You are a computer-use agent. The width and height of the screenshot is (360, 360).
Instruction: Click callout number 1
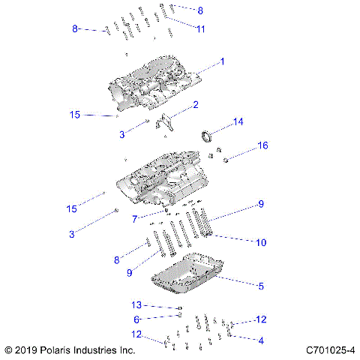click(x=222, y=61)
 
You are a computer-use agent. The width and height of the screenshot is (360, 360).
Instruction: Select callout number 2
click(x=196, y=104)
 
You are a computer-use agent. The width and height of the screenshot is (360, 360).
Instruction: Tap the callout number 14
click(x=238, y=121)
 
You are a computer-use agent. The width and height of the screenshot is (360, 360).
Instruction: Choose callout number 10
click(x=261, y=242)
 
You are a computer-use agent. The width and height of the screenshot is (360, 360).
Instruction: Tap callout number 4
click(x=261, y=340)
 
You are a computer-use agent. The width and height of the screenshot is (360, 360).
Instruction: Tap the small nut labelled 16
click(x=223, y=157)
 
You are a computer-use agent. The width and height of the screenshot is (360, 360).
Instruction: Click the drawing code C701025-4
click(x=331, y=350)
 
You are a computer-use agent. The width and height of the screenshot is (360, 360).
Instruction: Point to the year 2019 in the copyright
click(x=27, y=350)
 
